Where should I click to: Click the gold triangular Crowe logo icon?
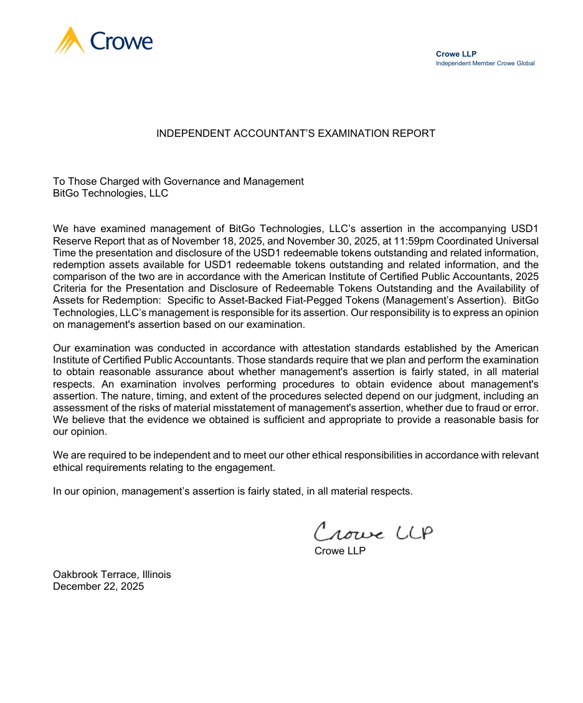[70, 41]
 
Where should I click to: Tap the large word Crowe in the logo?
[121, 41]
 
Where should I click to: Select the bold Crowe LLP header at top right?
[456, 54]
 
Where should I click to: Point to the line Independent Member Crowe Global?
[485, 63]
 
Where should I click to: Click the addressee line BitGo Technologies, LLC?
[110, 193]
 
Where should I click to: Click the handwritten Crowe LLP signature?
[372, 533]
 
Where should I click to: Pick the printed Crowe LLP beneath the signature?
[340, 551]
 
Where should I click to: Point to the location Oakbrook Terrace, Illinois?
[112, 574]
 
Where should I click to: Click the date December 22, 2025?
[98, 586]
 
